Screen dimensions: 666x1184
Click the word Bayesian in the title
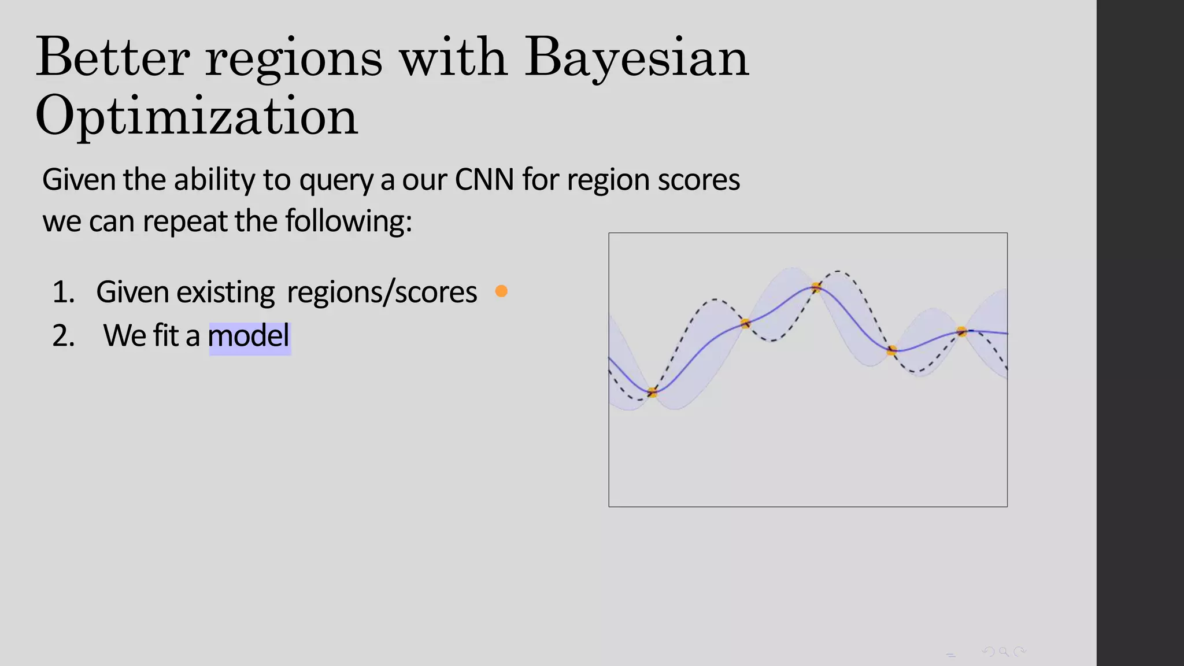637,58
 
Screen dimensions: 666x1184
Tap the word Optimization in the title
197,116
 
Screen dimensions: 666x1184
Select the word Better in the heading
113,58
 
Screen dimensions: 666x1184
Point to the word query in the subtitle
337,181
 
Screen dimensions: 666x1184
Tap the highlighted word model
249,336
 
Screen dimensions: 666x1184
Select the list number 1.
63,292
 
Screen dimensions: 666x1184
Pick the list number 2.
63,336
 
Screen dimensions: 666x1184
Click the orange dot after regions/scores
501,291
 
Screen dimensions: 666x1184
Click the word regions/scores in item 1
382,293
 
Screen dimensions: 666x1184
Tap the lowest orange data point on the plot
652,393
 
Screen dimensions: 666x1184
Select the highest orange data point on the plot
816,287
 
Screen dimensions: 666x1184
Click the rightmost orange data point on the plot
961,332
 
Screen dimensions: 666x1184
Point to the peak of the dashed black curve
838,271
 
